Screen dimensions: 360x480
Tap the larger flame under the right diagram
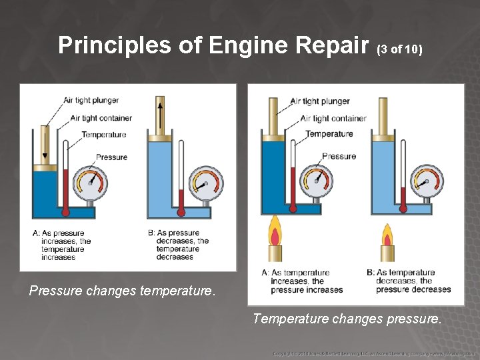click(x=274, y=233)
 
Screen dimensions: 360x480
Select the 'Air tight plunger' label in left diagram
click(x=91, y=100)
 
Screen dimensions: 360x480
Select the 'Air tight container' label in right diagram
click(x=333, y=118)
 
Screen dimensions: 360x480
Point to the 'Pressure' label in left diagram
click(x=111, y=157)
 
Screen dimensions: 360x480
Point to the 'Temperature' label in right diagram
click(x=329, y=134)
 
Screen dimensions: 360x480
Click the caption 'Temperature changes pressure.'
click(x=347, y=319)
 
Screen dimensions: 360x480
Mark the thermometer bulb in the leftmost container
click(x=65, y=211)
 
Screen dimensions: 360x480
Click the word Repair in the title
click(x=329, y=45)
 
